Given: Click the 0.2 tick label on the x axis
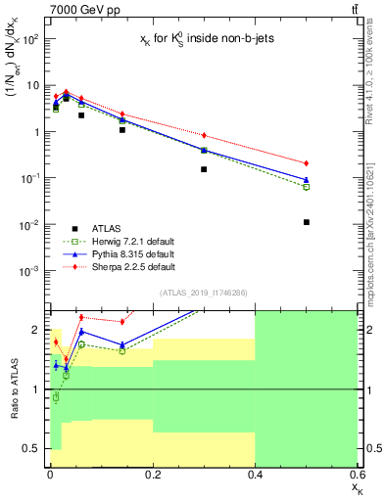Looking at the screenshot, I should [152, 475].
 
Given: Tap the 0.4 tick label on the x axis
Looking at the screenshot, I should [254, 475].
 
